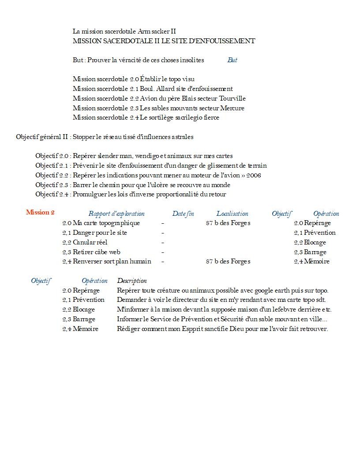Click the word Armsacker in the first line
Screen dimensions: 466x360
pos(154,31)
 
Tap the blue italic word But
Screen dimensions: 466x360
pos(232,60)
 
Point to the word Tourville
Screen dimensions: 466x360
pos(232,98)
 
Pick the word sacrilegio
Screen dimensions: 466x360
pos(187,118)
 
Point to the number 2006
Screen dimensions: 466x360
pos(253,175)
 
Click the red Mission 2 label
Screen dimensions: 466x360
pos(40,212)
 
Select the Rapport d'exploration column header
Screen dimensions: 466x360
pos(116,214)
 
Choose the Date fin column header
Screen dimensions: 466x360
pos(183,214)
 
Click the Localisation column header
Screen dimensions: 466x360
pos(232,214)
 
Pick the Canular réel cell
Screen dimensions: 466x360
pos(85,242)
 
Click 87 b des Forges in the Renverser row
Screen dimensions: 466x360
pos(228,262)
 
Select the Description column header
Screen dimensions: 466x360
pos(132,281)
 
